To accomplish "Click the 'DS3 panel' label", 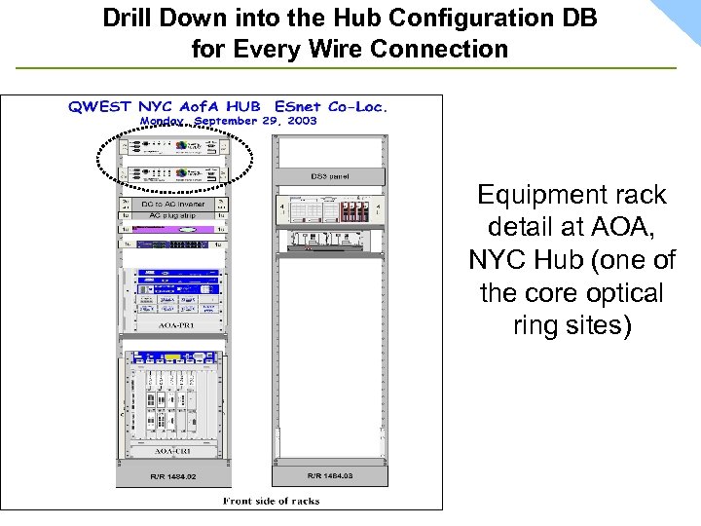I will coord(329,176).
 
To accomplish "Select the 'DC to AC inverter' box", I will coord(173,204).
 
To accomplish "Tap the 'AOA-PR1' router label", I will coord(173,323).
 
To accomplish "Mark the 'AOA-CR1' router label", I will coord(173,451).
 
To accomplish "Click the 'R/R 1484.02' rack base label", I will coord(173,476).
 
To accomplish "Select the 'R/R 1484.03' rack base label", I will coord(329,475).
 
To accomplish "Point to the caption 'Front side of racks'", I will coord(271,501).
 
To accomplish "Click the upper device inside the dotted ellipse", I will coord(173,148).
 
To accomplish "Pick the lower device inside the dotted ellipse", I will coord(173,174).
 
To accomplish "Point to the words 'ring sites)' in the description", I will coord(572,326).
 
